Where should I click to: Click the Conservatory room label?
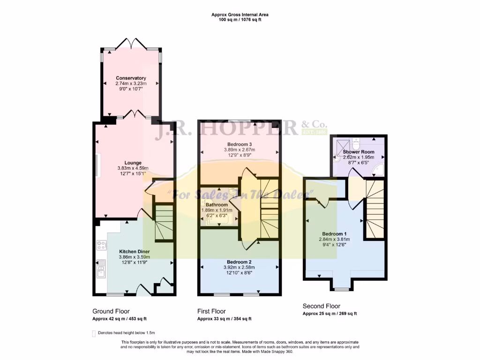[x=131, y=78]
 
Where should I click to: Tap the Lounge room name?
[x=133, y=163]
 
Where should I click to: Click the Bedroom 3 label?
[x=240, y=144]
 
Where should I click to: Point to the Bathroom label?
[x=217, y=205]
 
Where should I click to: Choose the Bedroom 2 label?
[x=240, y=262]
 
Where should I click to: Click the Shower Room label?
[x=358, y=152]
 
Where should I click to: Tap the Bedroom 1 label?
[x=334, y=233]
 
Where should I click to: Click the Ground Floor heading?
[x=111, y=311]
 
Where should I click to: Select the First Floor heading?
[x=211, y=311]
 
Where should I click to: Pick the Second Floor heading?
[x=321, y=306]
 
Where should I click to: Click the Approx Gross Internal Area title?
[x=240, y=15]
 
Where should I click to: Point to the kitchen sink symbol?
[x=101, y=270]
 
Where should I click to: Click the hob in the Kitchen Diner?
[x=101, y=245]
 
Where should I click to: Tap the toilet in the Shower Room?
[x=355, y=140]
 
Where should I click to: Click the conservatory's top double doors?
[x=132, y=44]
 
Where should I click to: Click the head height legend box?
[x=93, y=333]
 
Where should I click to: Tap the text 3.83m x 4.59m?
[x=133, y=168]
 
